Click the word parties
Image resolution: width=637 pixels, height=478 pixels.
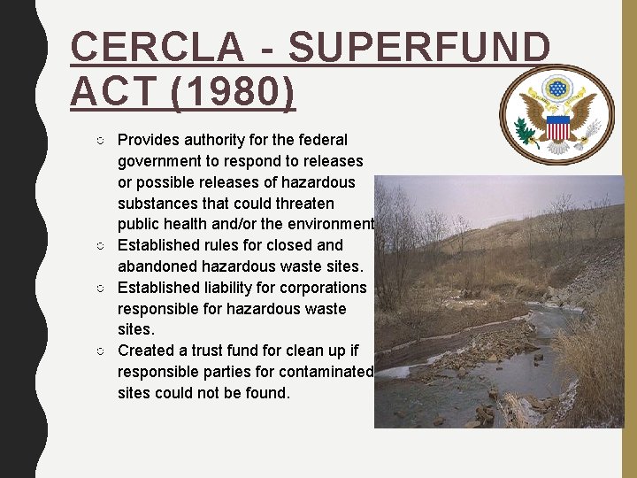tap(229, 372)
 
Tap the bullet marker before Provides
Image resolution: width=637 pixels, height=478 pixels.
tap(104, 141)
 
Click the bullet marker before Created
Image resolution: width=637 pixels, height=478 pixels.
tap(104, 351)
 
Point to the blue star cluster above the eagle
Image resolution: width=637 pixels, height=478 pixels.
tap(557, 89)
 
